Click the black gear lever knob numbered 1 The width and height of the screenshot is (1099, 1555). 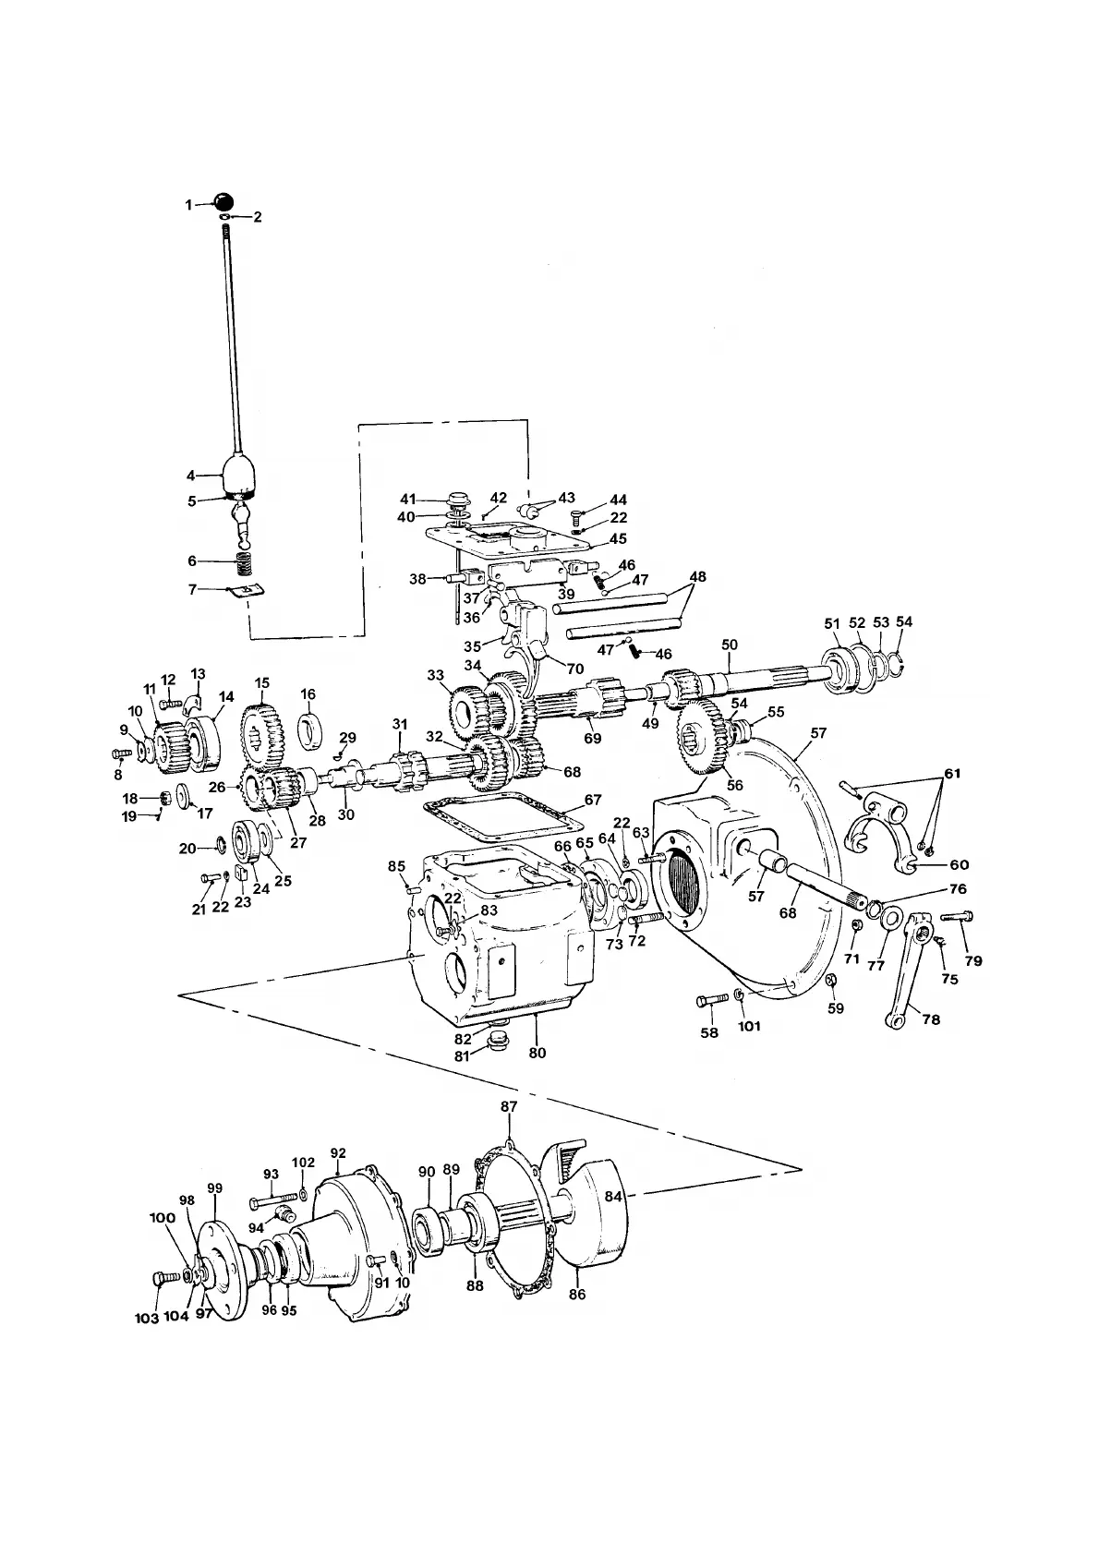[223, 202]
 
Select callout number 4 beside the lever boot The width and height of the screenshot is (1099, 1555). [191, 476]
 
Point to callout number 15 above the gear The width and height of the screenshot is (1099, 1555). [262, 683]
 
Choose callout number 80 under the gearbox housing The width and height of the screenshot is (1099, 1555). [537, 1052]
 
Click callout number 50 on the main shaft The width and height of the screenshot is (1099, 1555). [729, 643]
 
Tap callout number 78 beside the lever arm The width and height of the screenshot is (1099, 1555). [931, 1019]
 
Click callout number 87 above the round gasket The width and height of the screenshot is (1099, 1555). [509, 1106]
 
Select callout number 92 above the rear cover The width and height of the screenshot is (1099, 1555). [338, 1153]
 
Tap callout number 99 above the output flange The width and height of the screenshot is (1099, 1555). [215, 1187]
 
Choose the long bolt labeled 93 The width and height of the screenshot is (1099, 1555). [268, 1202]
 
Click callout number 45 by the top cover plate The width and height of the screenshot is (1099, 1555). [618, 538]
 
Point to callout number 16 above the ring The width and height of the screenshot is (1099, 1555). [308, 694]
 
